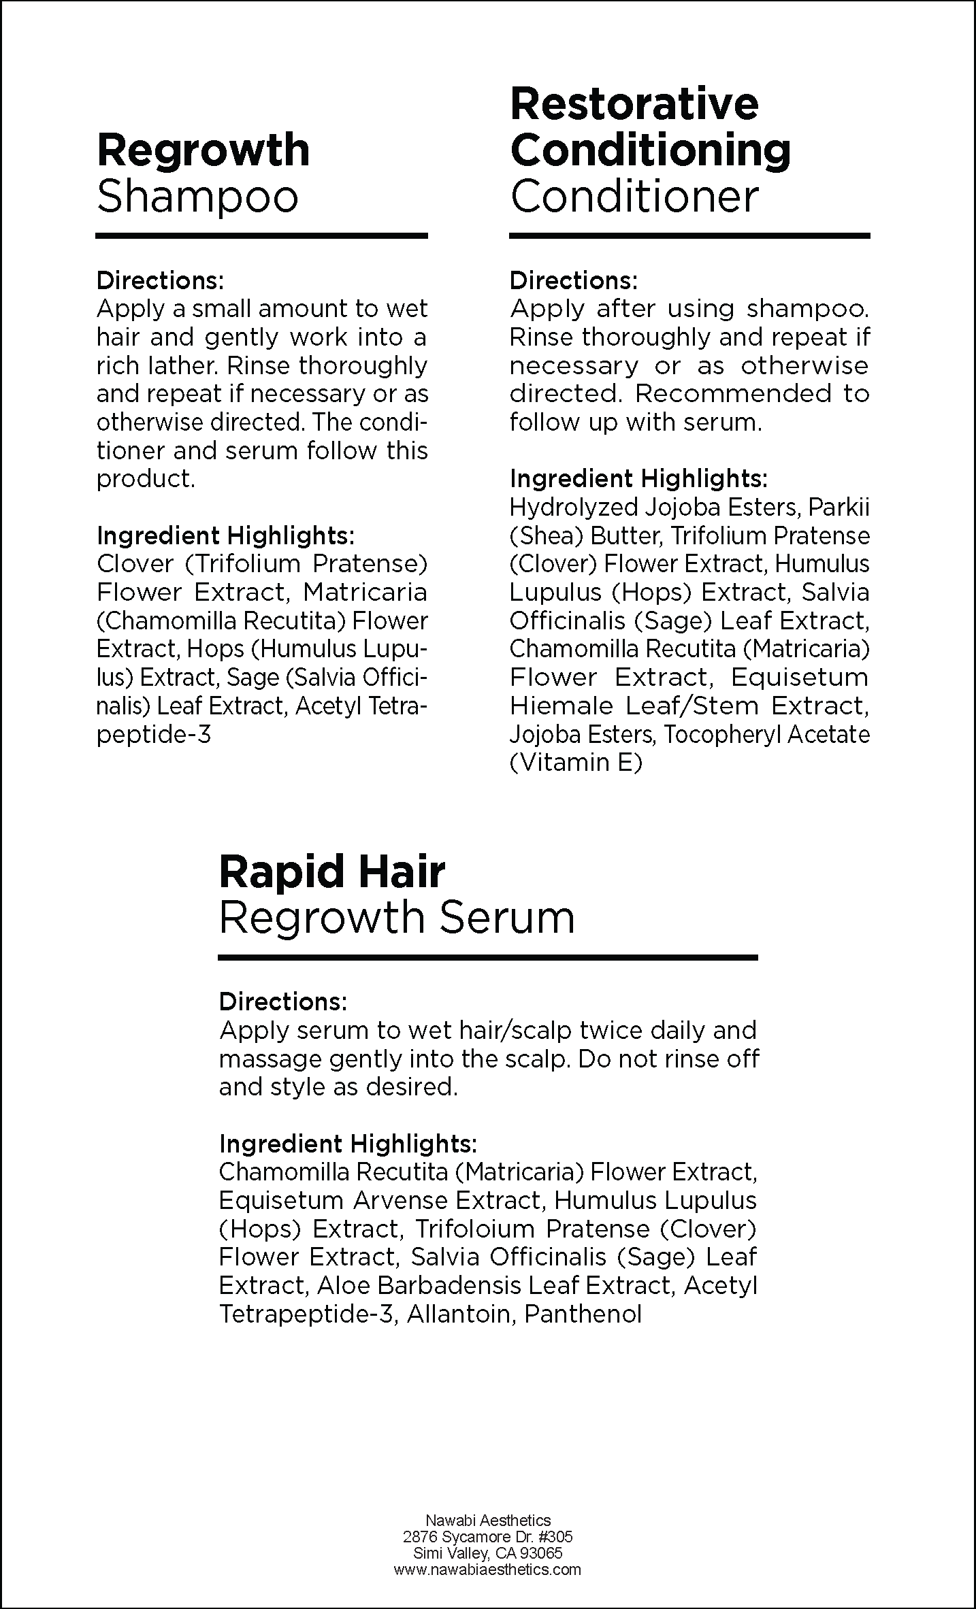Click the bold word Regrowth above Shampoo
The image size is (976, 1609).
coord(203,151)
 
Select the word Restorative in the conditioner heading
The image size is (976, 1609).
coord(634,104)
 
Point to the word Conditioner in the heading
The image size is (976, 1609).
coord(634,197)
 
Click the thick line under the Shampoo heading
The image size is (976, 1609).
coord(261,236)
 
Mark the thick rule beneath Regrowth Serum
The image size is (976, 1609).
coord(487,957)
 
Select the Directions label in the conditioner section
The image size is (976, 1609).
coord(573,280)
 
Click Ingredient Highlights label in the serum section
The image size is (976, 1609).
coord(347,1144)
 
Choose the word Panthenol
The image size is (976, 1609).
coord(583,1314)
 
